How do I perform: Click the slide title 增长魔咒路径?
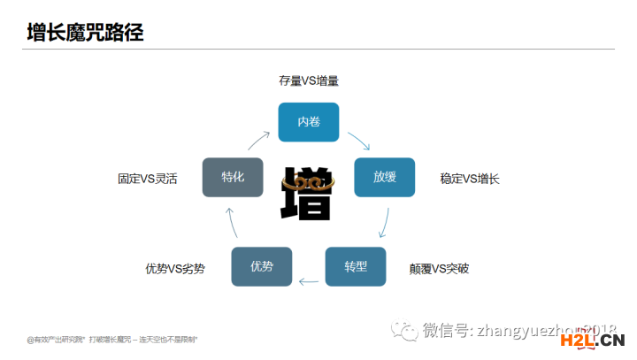[85, 33]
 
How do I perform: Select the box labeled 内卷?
[309, 122]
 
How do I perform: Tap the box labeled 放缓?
[384, 177]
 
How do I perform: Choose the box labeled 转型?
[356, 265]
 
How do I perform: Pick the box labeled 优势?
[262, 266]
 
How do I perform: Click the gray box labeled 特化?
[234, 177]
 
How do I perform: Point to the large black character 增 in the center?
[308, 192]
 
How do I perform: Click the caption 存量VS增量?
[309, 80]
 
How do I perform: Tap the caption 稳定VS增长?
[470, 179]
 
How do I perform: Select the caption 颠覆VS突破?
[439, 268]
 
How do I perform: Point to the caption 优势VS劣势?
[175, 268]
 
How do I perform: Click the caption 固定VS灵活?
[148, 179]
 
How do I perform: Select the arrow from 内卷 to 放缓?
[358, 141]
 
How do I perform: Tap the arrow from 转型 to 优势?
[309, 282]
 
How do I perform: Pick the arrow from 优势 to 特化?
[232, 222]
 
